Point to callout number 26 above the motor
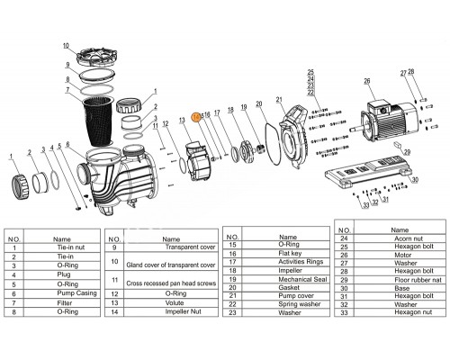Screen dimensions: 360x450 click(x=366, y=82)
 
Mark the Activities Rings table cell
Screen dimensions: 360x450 click(x=285, y=258)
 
